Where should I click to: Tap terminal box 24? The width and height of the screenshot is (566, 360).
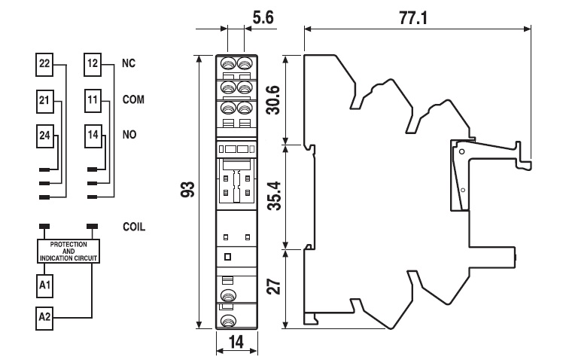point(44,135)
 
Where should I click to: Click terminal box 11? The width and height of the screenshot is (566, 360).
point(93,99)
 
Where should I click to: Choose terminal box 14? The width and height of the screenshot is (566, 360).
point(93,135)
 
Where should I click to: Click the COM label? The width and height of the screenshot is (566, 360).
point(133,99)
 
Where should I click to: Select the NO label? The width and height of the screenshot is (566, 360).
point(129,135)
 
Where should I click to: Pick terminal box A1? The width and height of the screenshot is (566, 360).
point(44,285)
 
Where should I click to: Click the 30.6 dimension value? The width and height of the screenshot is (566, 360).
point(275,98)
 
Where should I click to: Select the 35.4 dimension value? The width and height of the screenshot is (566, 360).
point(275,195)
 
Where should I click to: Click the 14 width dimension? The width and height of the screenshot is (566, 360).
point(236,343)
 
